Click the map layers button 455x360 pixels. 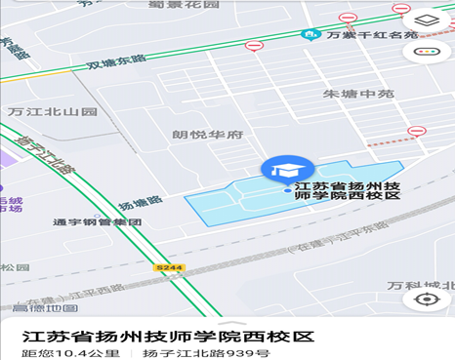427,20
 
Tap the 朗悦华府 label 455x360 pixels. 207,136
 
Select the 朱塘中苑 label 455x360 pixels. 358,95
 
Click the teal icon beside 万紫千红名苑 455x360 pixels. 309,36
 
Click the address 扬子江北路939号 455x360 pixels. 206,353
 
